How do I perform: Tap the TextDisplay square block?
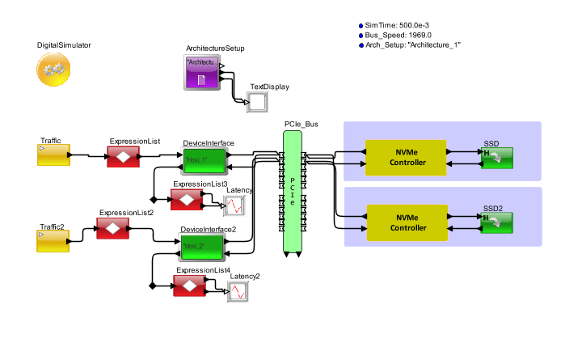(258, 103)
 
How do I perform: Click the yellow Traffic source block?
(53, 155)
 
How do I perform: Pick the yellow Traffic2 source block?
(53, 240)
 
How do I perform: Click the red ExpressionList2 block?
(113, 229)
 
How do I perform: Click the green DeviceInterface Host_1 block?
(204, 160)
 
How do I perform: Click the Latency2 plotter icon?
(239, 292)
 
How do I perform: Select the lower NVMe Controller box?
(406, 222)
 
